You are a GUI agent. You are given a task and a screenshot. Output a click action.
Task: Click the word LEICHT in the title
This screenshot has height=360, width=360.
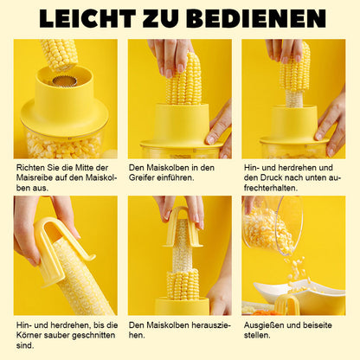[87, 19]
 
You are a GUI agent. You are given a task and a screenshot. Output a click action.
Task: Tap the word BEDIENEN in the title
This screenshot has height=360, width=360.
[258, 19]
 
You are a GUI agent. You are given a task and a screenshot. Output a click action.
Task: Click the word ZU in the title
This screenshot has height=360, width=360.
[164, 19]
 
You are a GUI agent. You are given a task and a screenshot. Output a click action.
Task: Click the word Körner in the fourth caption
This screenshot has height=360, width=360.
[29, 336]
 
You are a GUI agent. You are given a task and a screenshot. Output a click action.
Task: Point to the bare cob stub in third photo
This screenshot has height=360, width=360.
[293, 98]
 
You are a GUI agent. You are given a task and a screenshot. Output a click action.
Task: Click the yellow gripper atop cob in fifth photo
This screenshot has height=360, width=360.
[183, 228]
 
